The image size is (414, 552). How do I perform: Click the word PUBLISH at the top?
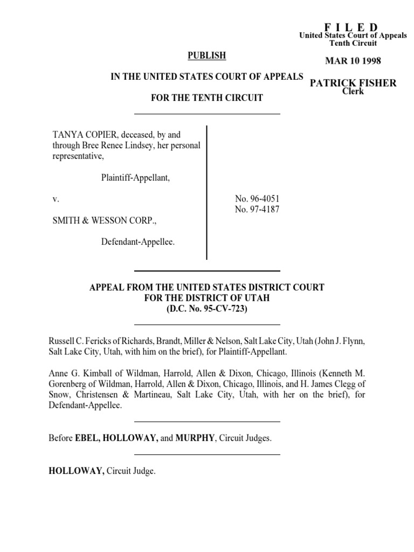(206, 56)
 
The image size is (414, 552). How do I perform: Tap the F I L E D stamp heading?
(351, 27)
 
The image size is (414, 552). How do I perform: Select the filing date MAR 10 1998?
(353, 61)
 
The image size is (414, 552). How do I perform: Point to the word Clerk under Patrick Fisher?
(353, 91)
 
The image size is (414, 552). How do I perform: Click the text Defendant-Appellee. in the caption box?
(138, 242)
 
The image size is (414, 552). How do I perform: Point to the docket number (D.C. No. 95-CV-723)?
(206, 309)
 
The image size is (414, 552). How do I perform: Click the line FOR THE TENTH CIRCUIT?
(207, 98)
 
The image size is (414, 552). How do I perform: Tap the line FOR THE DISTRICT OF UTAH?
(207, 298)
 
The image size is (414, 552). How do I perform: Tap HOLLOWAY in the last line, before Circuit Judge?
(76, 471)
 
